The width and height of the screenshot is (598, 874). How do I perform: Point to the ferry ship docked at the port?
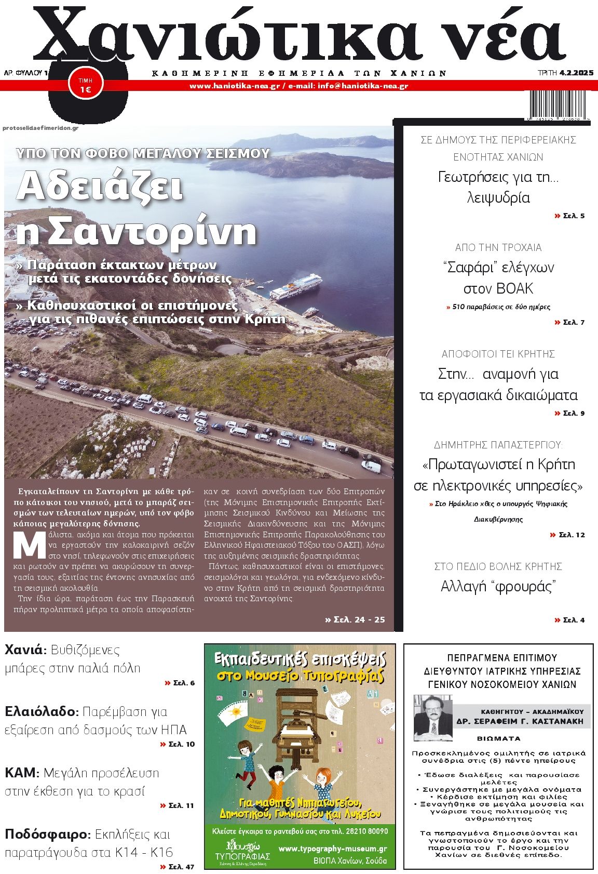296,289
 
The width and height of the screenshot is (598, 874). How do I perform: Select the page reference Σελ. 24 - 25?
355,619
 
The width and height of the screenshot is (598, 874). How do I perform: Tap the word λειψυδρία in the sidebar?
498,198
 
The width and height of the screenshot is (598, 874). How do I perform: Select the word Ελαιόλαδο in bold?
41,711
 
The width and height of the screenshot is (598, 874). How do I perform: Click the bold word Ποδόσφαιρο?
47,835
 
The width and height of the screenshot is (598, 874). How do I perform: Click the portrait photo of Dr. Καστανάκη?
432,718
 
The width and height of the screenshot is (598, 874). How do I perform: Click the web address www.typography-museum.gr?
333,849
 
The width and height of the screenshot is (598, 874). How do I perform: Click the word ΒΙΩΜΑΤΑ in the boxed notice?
498,738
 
